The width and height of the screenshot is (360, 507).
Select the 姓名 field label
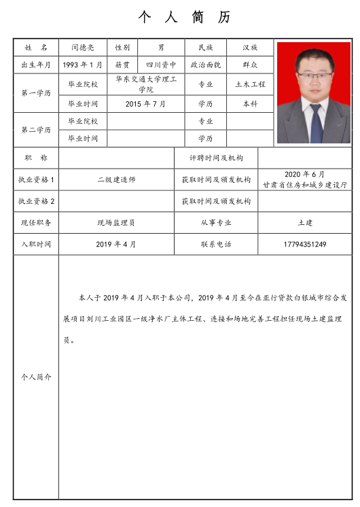[x=36, y=48]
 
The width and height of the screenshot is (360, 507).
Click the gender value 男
[x=161, y=48]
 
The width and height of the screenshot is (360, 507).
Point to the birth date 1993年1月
[x=82, y=65]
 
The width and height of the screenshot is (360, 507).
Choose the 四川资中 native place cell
[x=161, y=65]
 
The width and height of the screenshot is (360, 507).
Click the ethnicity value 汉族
[x=250, y=48]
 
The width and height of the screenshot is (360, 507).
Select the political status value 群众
[x=250, y=65]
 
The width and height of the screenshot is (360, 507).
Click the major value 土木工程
[x=250, y=84]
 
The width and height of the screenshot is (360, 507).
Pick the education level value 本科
[x=250, y=104]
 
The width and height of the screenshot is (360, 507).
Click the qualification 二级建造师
[x=116, y=180]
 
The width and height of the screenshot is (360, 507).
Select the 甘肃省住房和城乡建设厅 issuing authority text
[x=305, y=185]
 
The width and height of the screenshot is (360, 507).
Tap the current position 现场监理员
[x=116, y=222]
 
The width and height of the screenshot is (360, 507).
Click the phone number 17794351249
[x=305, y=244]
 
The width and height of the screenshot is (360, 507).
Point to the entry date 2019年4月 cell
[x=116, y=244]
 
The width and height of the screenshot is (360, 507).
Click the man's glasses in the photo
[x=312, y=73]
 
